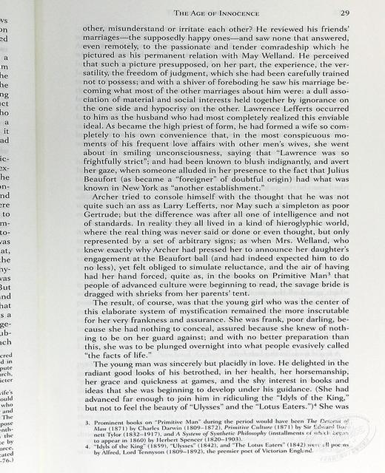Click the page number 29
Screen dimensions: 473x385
pyautogui.click(x=346, y=13)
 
